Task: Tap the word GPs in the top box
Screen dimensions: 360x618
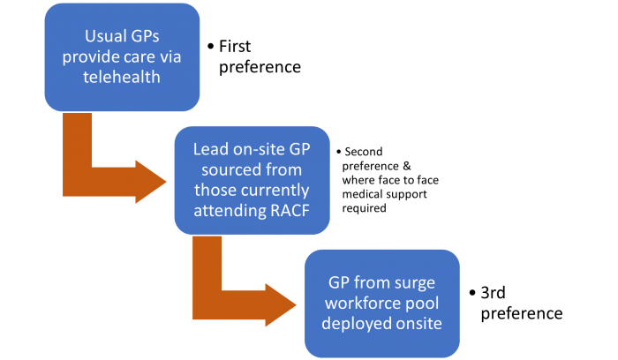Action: coord(147,38)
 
